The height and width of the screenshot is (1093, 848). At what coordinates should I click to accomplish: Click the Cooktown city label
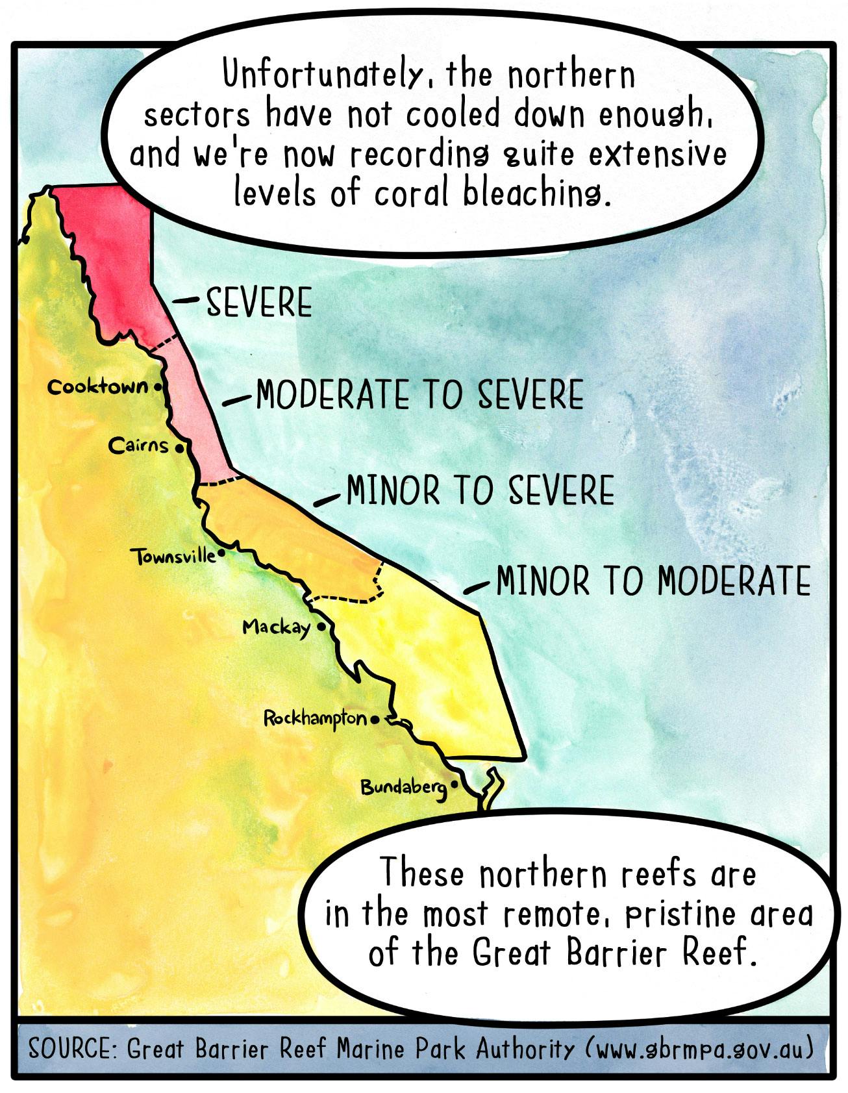98,387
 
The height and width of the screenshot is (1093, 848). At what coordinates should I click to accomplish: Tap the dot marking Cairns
180,447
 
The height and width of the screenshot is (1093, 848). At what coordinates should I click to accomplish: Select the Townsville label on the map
174,557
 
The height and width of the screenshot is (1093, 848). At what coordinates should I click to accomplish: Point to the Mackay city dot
321,627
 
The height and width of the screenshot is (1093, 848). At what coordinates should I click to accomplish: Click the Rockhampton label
316,718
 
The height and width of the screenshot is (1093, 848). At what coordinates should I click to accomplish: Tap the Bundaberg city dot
454,785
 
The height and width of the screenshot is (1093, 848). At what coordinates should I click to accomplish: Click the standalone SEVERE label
259,303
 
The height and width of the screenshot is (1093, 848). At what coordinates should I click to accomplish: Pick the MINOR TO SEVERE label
480,490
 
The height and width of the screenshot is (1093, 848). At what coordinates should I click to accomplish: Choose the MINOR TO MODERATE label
653,581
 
